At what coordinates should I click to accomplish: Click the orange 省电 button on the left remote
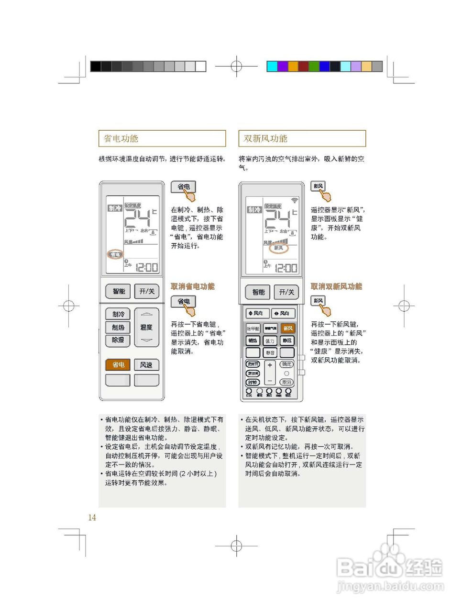pos(118,365)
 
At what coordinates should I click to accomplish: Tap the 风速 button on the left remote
pos(146,365)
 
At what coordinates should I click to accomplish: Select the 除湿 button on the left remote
pos(118,340)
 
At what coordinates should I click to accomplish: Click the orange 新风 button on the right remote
pos(288,329)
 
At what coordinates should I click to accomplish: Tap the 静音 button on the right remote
pos(270,353)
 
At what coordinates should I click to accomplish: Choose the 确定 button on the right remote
pos(286,364)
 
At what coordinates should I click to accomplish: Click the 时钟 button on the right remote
pos(253,382)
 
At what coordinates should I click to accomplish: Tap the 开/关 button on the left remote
pos(147,291)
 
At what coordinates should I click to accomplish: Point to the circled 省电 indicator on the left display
pos(115,254)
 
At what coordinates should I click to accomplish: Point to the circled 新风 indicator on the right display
pos(279,248)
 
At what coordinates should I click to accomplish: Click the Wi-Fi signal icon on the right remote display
pos(295,200)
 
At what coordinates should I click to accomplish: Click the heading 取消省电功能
pos(193,286)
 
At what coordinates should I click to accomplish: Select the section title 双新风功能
pos(265,138)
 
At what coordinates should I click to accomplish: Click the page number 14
pos(92,517)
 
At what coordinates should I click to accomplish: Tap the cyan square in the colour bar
pos(272,66)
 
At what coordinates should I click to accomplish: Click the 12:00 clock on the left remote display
pos(147,267)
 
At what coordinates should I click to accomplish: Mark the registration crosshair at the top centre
pos(236,66)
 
